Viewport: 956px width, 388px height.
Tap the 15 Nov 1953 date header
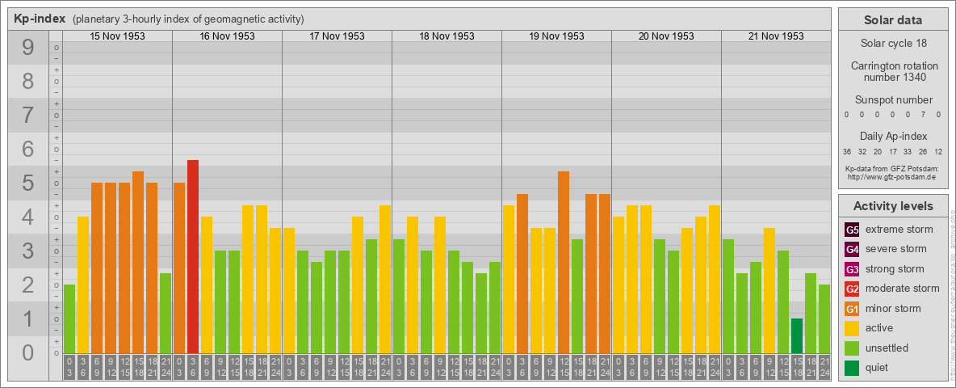(117, 36)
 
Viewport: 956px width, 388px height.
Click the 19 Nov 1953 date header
(556, 36)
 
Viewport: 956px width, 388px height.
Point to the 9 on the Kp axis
(27, 48)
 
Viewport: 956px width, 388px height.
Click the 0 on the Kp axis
(27, 352)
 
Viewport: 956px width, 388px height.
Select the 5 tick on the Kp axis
(27, 183)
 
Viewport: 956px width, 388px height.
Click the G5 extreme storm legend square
(852, 230)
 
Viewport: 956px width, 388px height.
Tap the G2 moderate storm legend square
(852, 289)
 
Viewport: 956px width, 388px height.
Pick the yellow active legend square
(852, 328)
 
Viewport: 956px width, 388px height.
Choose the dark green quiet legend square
(852, 368)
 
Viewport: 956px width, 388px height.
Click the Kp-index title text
(40, 19)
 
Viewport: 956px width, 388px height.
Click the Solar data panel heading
(893, 20)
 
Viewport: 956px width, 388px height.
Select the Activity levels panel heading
(893, 206)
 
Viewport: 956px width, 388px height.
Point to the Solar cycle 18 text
(894, 42)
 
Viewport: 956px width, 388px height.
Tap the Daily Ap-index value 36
(847, 151)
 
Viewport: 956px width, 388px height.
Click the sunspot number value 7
(925, 115)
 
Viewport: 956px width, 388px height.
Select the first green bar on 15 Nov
(69, 318)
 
